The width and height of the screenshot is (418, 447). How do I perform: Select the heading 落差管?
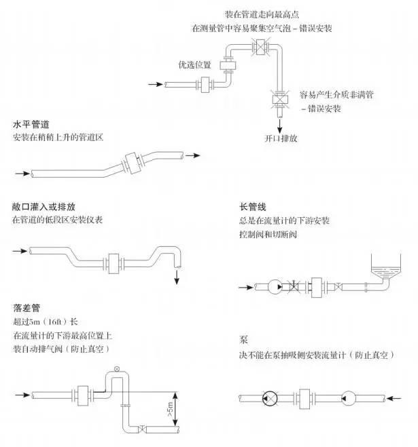[27, 307]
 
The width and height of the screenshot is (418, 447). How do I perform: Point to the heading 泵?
[243, 339]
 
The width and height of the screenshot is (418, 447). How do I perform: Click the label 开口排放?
[279, 138]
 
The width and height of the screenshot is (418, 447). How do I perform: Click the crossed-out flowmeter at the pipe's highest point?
[258, 46]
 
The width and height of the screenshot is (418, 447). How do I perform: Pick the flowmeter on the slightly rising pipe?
[129, 163]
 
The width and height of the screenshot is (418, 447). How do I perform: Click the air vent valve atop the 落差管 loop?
[117, 368]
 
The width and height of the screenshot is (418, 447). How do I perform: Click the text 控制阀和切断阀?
[268, 234]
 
